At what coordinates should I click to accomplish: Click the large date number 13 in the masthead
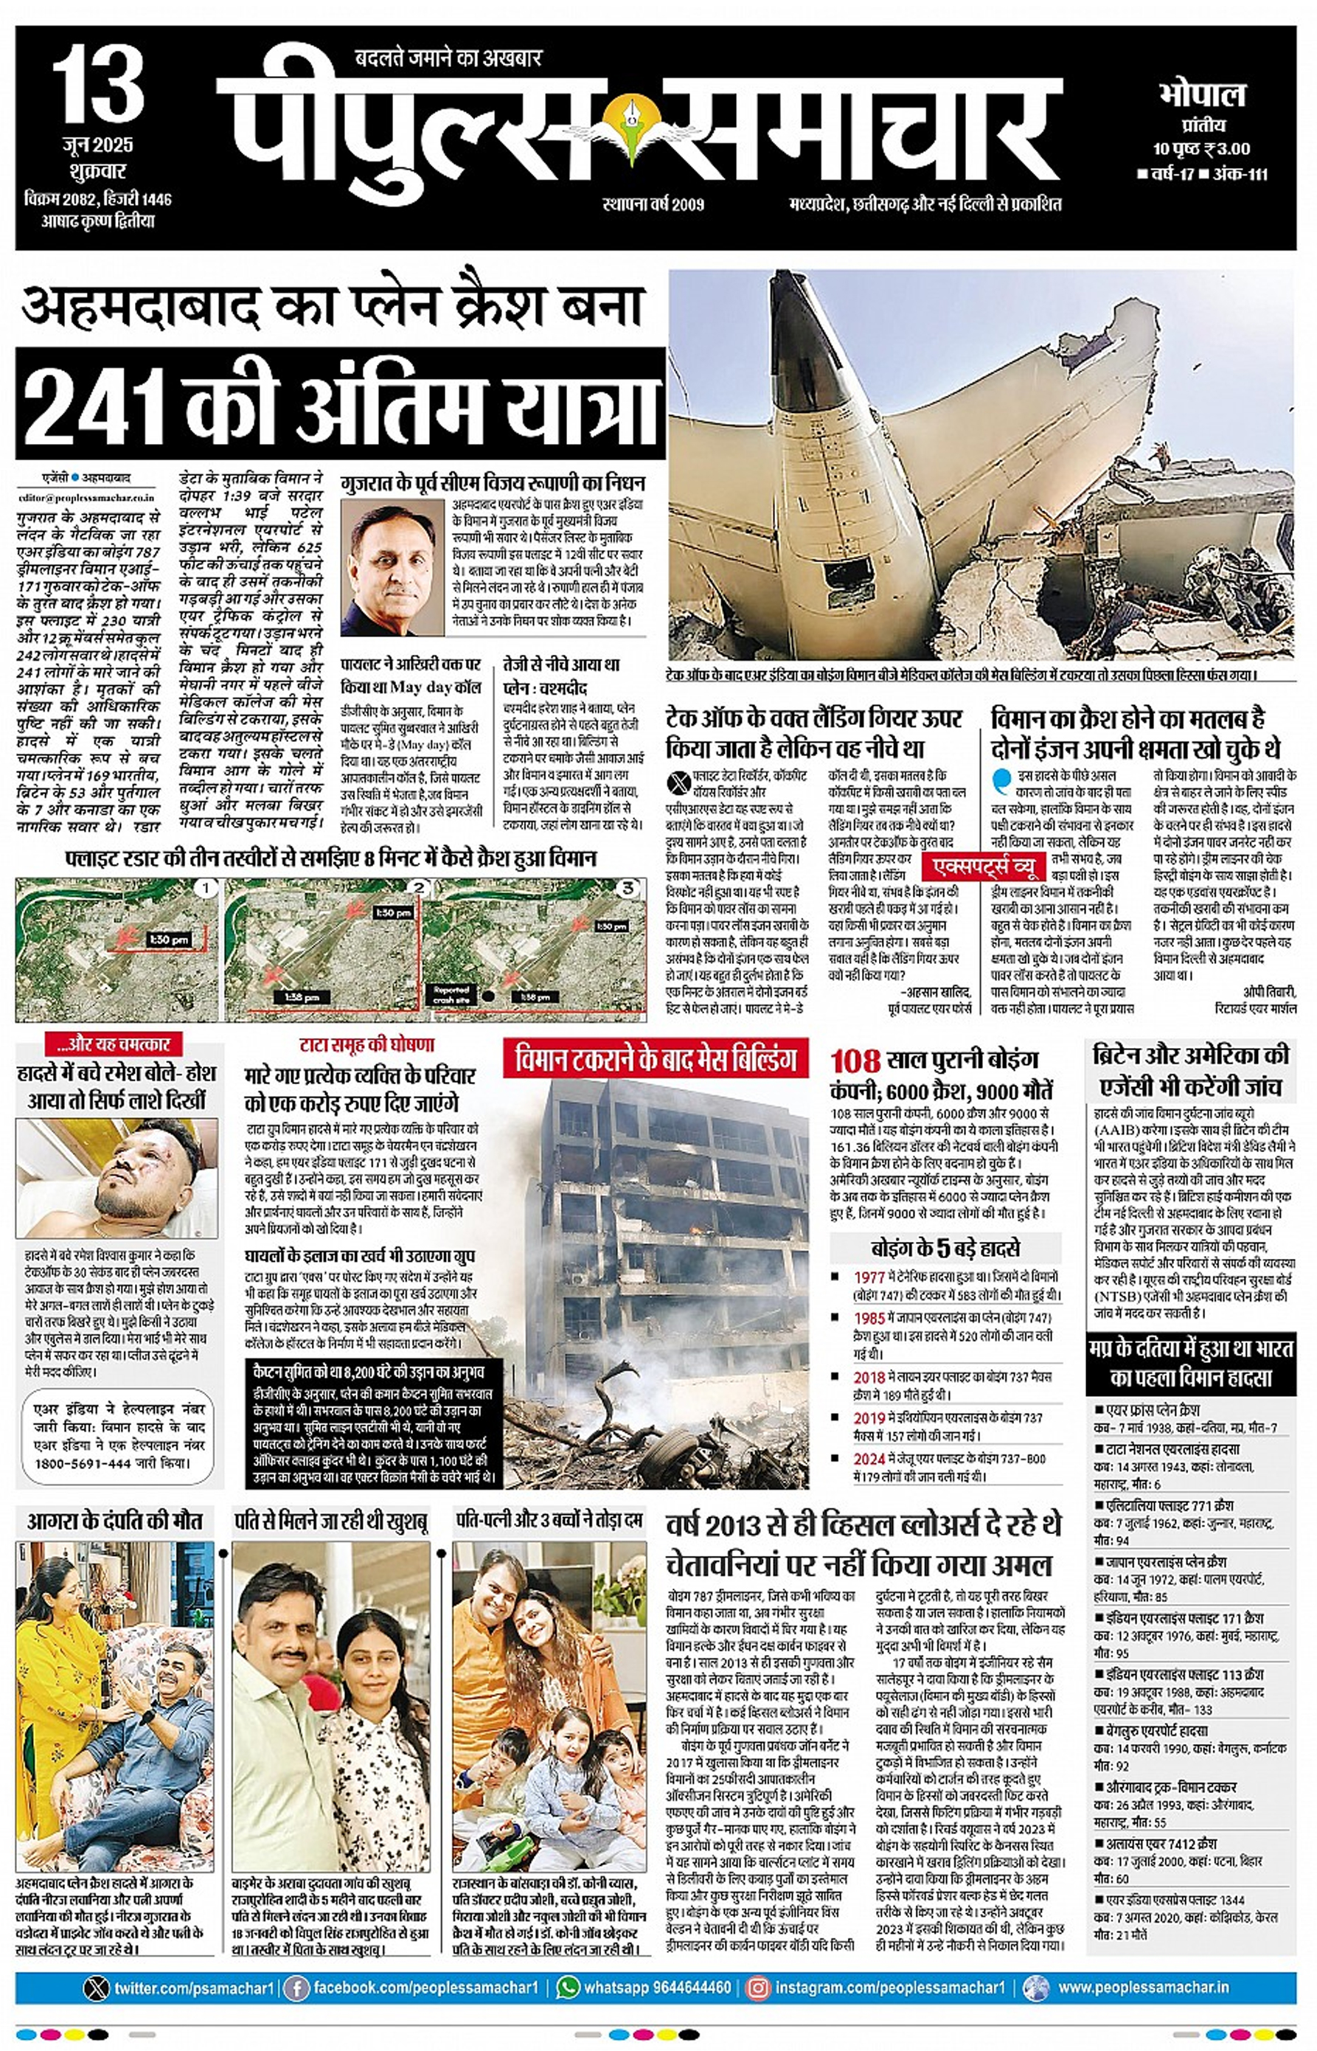[98, 88]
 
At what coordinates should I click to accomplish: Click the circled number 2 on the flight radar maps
[419, 888]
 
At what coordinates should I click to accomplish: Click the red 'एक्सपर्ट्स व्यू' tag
[984, 867]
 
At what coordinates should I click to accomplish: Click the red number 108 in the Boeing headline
[855, 1061]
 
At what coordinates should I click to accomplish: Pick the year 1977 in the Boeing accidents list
[869, 1277]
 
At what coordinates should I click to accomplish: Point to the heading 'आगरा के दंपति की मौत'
[114, 1521]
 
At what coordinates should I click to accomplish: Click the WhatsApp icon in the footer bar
[568, 1987]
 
